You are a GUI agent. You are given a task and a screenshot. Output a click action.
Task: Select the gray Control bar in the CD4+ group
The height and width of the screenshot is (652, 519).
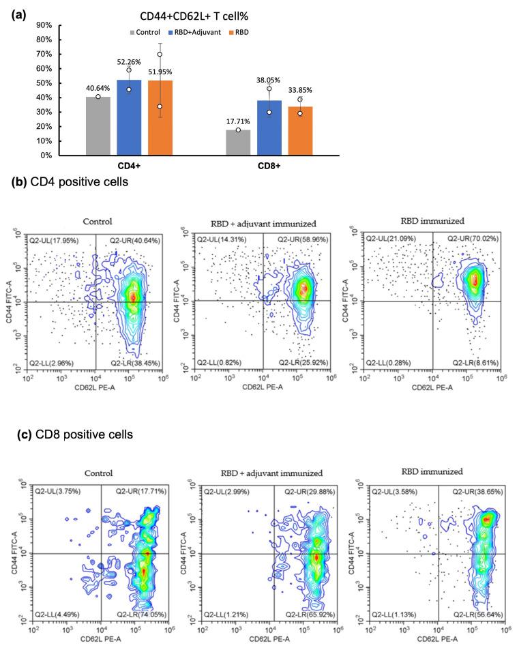98,126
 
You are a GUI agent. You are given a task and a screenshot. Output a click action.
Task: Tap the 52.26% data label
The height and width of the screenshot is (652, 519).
130,62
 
